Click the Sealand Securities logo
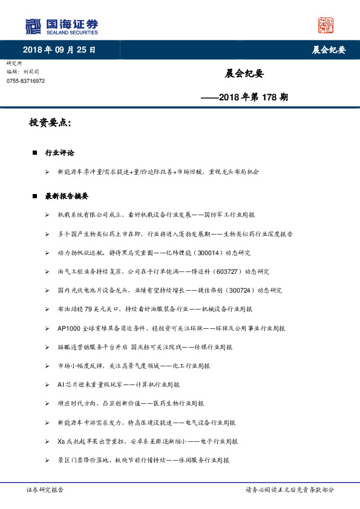[x=62, y=27]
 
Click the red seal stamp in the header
[x=326, y=25]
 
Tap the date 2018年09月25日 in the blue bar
[x=59, y=50]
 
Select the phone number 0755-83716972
[x=25, y=80]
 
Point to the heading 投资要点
[x=50, y=123]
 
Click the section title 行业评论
[x=59, y=153]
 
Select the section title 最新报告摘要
[x=67, y=196]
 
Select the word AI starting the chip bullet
[x=61, y=384]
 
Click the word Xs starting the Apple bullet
[x=61, y=441]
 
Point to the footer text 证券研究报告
[x=45, y=490]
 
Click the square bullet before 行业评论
[x=35, y=153]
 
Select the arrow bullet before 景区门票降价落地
[x=47, y=459]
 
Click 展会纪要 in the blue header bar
[x=328, y=50]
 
